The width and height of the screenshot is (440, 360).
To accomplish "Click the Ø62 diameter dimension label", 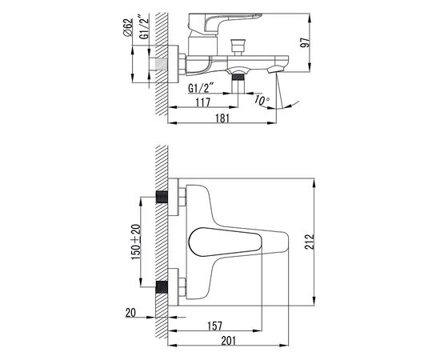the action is pyautogui.click(x=127, y=27).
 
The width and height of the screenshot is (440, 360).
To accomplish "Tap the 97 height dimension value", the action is pyautogui.click(x=306, y=42).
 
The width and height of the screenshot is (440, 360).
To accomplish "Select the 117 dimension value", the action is pyautogui.click(x=202, y=102).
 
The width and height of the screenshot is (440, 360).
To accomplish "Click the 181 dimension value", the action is pyautogui.click(x=222, y=118).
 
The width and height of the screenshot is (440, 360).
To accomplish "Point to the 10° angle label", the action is pyautogui.click(x=262, y=100).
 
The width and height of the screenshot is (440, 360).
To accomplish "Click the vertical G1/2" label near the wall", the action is pyautogui.click(x=144, y=28).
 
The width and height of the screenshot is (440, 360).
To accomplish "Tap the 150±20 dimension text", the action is pyautogui.click(x=136, y=242).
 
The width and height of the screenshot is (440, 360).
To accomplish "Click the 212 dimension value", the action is pyautogui.click(x=310, y=242).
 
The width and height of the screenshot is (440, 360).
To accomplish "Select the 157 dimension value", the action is pyautogui.click(x=214, y=326).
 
